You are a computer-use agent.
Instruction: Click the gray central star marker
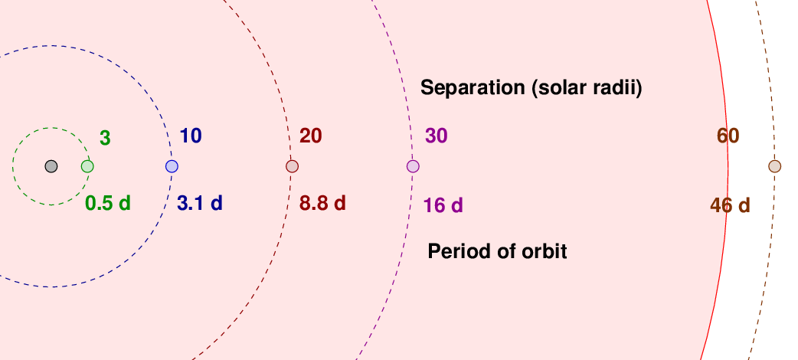(51, 166)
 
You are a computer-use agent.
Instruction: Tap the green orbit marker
(87, 166)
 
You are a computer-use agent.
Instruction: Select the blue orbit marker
(172, 166)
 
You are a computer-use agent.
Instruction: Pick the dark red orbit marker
(292, 166)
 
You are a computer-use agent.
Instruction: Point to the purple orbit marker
(413, 166)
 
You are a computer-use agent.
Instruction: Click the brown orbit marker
(774, 166)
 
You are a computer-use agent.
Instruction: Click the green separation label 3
(105, 139)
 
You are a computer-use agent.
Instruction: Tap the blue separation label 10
(191, 136)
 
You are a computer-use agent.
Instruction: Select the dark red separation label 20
(310, 136)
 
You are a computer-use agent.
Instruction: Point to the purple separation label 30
(437, 136)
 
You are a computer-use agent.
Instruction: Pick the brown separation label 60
(728, 136)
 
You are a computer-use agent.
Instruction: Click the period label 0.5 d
(108, 204)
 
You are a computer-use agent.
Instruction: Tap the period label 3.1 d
(200, 204)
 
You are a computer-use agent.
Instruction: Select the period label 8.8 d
(322, 204)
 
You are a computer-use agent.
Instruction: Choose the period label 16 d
(443, 206)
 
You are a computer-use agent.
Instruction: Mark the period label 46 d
(731, 206)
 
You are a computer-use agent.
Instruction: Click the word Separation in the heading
(473, 88)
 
